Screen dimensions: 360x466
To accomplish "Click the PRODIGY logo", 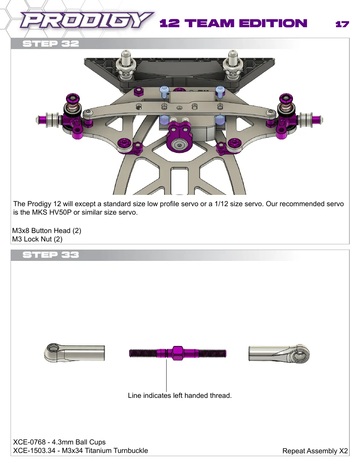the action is pyautogui.click(x=87, y=20).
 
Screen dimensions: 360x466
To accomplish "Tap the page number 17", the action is pyautogui.click(x=342, y=24).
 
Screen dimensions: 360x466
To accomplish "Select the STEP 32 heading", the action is pyautogui.click(x=50, y=44).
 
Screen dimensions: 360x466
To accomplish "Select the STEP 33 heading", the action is pyautogui.click(x=50, y=255).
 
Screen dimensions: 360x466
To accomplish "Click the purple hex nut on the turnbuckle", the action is pyautogui.click(x=178, y=353).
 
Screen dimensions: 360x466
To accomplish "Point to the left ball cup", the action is pyautogui.click(x=74, y=353).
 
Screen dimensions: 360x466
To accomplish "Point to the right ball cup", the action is pyautogui.click(x=279, y=354).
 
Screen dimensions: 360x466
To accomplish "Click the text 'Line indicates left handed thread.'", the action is pyautogui.click(x=180, y=395).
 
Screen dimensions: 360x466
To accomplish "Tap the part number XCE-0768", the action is pyautogui.click(x=29, y=442).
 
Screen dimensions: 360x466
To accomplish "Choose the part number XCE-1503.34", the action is pyautogui.click(x=34, y=450).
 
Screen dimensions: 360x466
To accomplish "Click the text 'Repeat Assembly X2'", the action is pyautogui.click(x=315, y=451).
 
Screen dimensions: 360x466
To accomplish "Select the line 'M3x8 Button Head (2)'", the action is pyautogui.click(x=47, y=231).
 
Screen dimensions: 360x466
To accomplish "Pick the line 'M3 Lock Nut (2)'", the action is pyautogui.click(x=37, y=239).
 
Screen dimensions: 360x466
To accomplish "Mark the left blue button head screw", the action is pyautogui.click(x=164, y=92).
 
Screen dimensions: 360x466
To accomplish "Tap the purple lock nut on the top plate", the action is pyautogui.click(x=138, y=91).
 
